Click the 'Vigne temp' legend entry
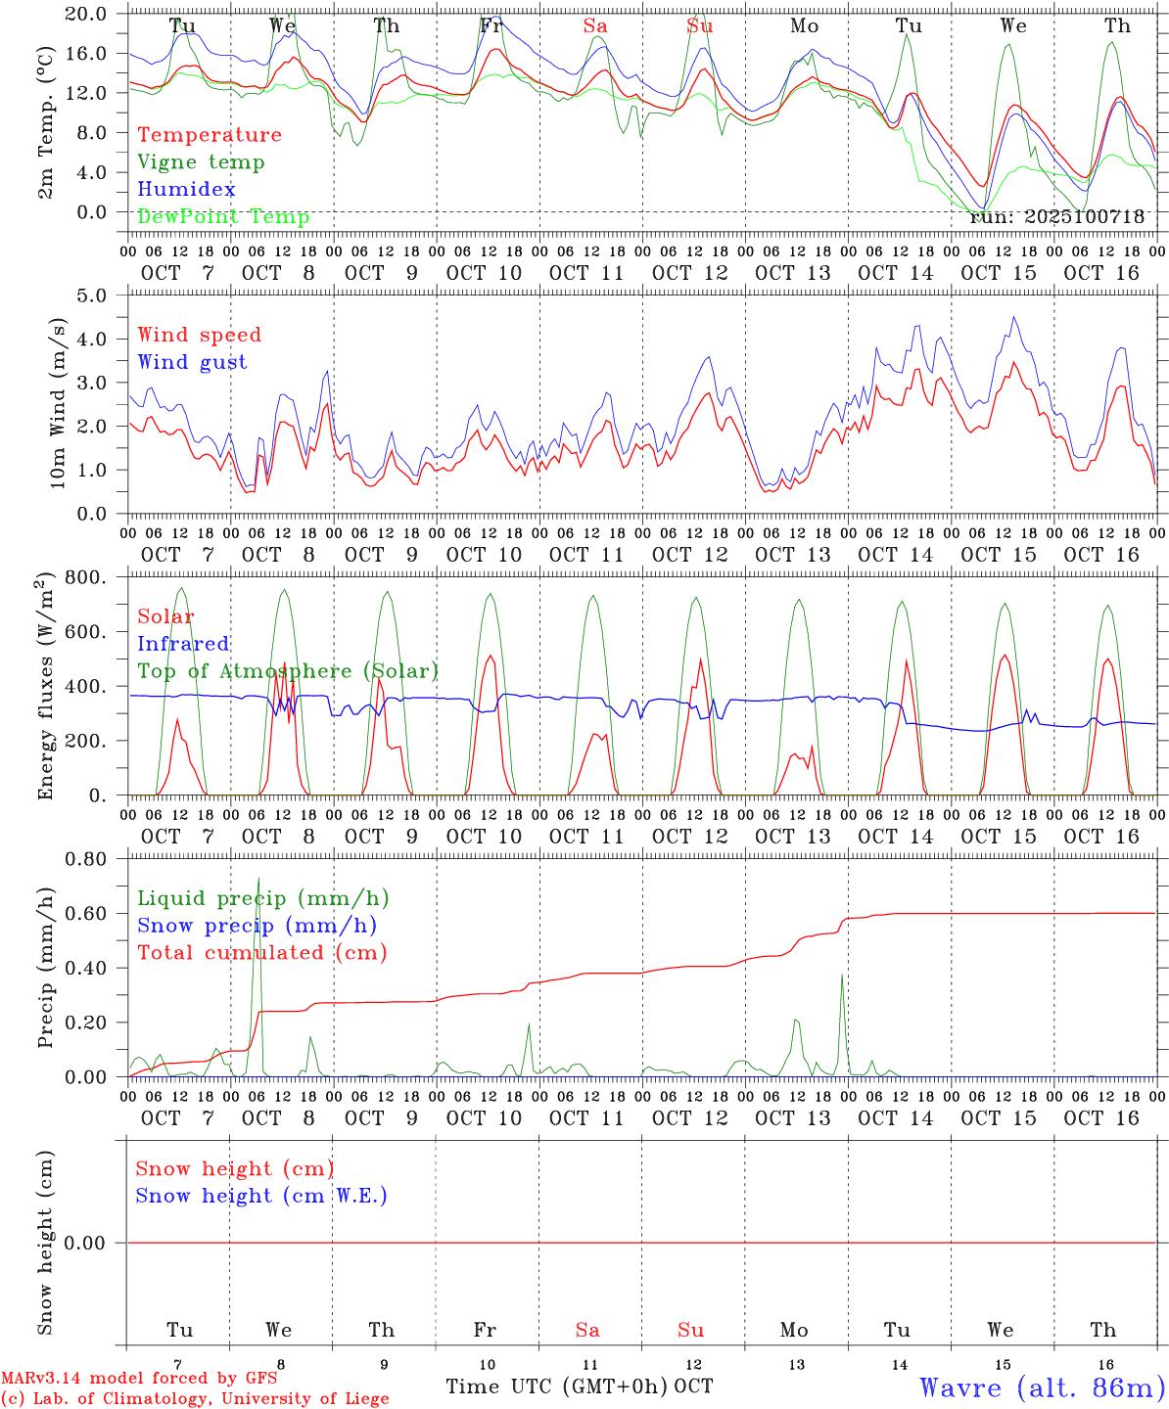tap(201, 162)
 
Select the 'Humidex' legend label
tap(186, 190)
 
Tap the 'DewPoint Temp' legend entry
tap(223, 217)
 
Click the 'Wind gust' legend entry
tap(192, 362)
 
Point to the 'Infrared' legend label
tap(183, 644)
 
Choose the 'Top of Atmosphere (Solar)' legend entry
tap(287, 671)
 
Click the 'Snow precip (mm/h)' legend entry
tap(257, 926)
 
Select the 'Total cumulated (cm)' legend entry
tap(261, 953)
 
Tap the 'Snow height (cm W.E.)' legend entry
tap(260, 1196)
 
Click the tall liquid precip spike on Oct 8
tap(258, 881)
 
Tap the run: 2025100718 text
tap(1056, 217)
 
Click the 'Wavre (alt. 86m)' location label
tap(1043, 1387)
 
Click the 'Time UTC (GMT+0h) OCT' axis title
tap(580, 1386)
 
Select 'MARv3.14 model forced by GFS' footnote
tap(139, 1379)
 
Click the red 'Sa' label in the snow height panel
tap(587, 1330)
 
